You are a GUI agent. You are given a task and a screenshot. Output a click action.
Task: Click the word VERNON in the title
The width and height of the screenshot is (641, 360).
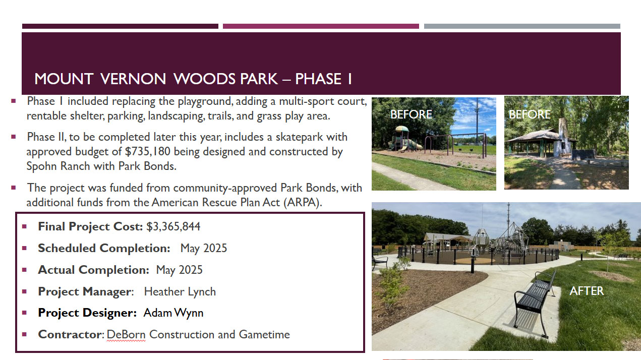pos(133,79)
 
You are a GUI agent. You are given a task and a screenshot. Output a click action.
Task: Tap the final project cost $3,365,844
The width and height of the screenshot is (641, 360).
pos(173,227)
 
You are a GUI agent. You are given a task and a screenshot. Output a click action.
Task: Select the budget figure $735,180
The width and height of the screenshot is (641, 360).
pos(148,152)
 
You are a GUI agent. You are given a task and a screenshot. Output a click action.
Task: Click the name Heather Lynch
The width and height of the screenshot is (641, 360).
pos(180,292)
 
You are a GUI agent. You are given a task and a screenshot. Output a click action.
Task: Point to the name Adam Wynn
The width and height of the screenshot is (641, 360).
pos(173,313)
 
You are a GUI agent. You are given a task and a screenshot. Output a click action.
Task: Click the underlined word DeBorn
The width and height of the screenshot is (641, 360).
pos(126,334)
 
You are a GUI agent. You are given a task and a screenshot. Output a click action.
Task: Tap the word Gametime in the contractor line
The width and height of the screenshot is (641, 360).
pos(264,334)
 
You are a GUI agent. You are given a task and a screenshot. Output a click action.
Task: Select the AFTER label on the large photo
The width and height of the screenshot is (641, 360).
pos(587,291)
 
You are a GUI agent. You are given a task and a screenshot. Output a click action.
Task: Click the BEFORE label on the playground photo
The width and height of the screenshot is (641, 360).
pos(411,114)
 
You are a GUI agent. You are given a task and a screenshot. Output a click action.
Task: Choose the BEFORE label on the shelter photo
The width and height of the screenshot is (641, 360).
pos(530,114)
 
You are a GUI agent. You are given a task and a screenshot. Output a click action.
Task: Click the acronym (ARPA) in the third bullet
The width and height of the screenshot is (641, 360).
pos(303,203)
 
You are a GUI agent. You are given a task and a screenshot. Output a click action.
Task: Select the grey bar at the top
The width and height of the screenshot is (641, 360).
pos(522,26)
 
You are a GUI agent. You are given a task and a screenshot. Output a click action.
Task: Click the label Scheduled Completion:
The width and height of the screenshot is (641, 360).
pos(104,249)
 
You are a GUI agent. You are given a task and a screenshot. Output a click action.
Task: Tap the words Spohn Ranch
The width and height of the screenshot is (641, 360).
pos(58,166)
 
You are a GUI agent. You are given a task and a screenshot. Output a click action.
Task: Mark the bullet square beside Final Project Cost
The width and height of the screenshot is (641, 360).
pos(24,227)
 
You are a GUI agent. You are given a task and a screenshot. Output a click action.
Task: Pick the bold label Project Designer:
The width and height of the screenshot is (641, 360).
pos(87,313)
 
